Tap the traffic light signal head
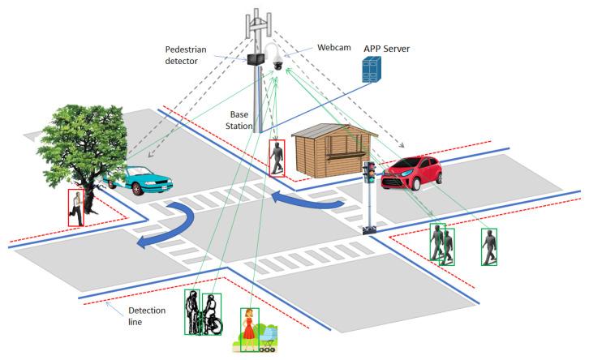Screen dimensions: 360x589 pyautogui.click(x=369, y=171)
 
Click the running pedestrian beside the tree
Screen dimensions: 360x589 pyautogui.click(x=77, y=207)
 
